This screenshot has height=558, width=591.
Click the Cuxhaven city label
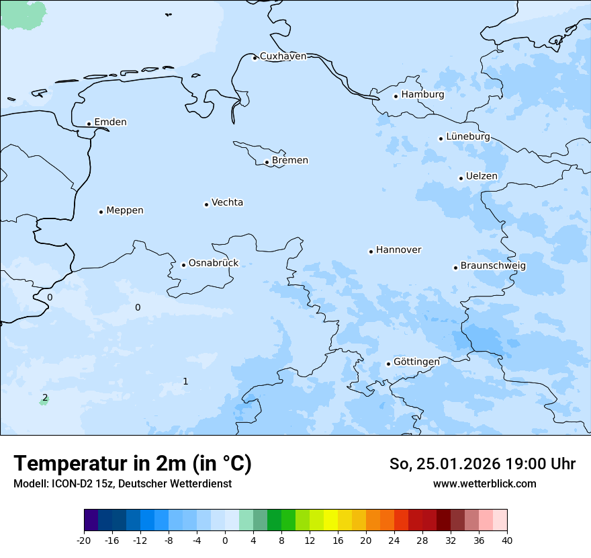point(283,56)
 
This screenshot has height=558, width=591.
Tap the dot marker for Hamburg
point(396,96)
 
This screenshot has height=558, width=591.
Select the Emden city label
point(110,122)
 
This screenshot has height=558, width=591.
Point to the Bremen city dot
point(267,162)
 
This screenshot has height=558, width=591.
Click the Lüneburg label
point(468,136)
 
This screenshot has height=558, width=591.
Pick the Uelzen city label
point(482,177)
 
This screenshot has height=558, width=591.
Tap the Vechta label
point(227,202)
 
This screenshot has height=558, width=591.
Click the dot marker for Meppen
point(101,212)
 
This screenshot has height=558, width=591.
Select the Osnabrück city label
point(214,264)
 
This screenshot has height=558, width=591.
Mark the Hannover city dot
point(371,251)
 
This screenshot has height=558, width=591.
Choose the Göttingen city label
point(416,362)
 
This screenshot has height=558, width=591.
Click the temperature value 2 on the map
point(45,398)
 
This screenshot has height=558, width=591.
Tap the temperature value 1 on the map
point(185,382)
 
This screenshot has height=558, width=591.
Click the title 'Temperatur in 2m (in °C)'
point(132,464)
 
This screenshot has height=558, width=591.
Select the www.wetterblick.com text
point(484,484)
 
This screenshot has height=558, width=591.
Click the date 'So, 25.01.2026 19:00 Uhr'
point(482,464)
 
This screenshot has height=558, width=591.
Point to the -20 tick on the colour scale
point(84,541)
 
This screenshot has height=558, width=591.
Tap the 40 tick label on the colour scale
point(507,541)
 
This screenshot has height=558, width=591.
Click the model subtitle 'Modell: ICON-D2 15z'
point(64,484)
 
